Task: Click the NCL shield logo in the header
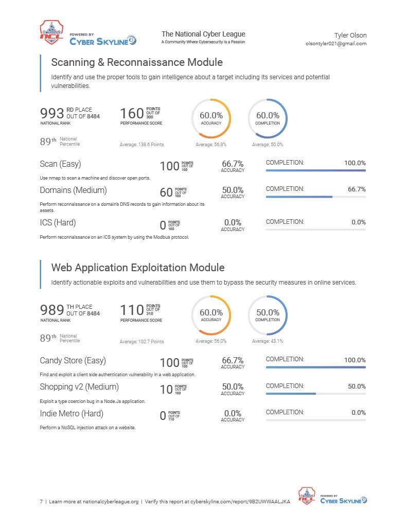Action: pyautogui.click(x=51, y=32)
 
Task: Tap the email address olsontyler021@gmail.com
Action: pyautogui.click(x=336, y=44)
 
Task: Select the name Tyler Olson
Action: pyautogui.click(x=350, y=36)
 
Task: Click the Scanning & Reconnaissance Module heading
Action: pyautogui.click(x=137, y=62)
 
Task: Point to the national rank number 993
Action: pyautogui.click(x=52, y=113)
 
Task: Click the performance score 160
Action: pyautogui.click(x=132, y=113)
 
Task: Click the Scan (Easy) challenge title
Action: pyautogui.click(x=61, y=164)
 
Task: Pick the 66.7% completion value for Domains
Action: pyautogui.click(x=357, y=189)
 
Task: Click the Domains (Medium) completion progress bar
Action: pyautogui.click(x=315, y=197)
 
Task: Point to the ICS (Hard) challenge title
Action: pyautogui.click(x=58, y=223)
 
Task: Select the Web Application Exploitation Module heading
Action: pyautogui.click(x=138, y=268)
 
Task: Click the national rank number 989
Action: pyautogui.click(x=52, y=310)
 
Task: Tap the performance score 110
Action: pyautogui.click(x=132, y=310)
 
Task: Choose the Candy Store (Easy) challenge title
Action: pyautogui.click(x=73, y=361)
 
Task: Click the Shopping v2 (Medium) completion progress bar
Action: pyautogui.click(x=315, y=394)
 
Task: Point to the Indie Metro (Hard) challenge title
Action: pyautogui.click(x=72, y=413)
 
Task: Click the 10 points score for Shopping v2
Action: pyautogui.click(x=166, y=389)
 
